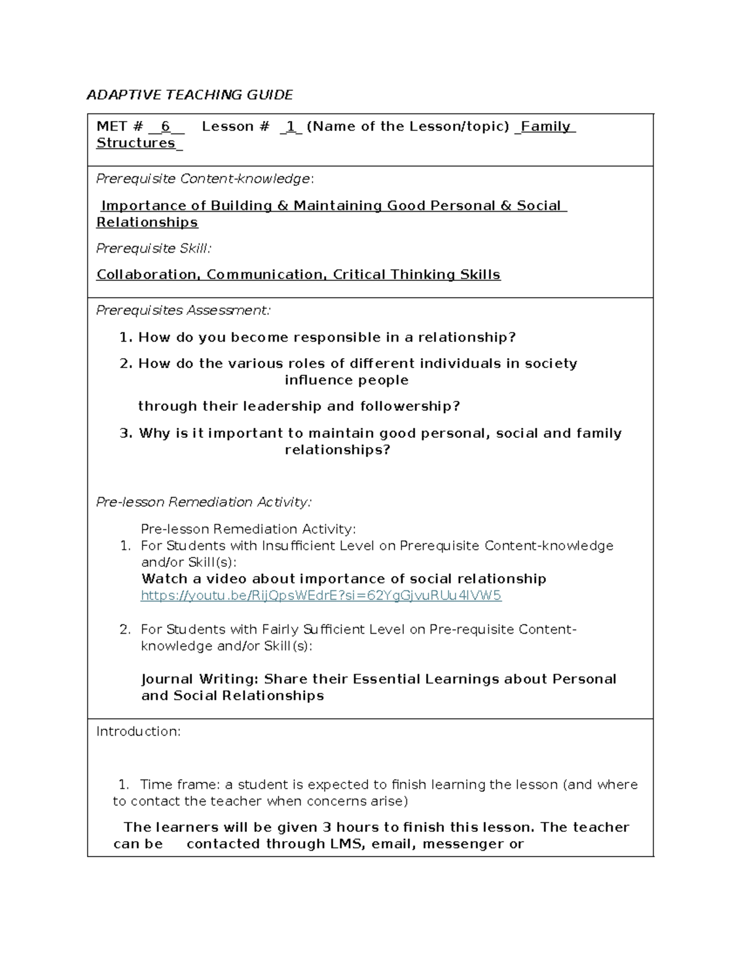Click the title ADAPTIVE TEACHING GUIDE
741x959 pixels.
coord(190,94)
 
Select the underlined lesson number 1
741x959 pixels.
coord(290,127)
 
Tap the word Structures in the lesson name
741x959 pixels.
coord(136,143)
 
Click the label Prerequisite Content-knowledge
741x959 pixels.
coord(204,179)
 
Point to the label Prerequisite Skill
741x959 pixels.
coord(153,248)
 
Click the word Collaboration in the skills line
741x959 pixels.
coord(147,275)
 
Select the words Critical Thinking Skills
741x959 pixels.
coord(416,275)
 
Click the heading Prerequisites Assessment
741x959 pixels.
coord(183,311)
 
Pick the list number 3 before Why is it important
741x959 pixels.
coord(125,433)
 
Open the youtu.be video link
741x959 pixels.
coord(321,596)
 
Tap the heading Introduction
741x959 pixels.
coord(138,732)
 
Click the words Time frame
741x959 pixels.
coord(179,785)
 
